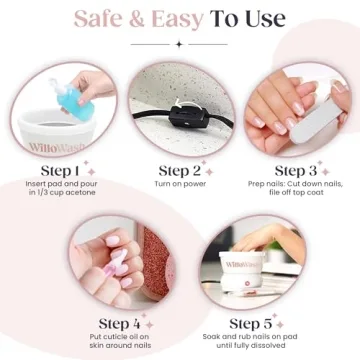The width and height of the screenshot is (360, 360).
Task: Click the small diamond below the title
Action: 179,44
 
